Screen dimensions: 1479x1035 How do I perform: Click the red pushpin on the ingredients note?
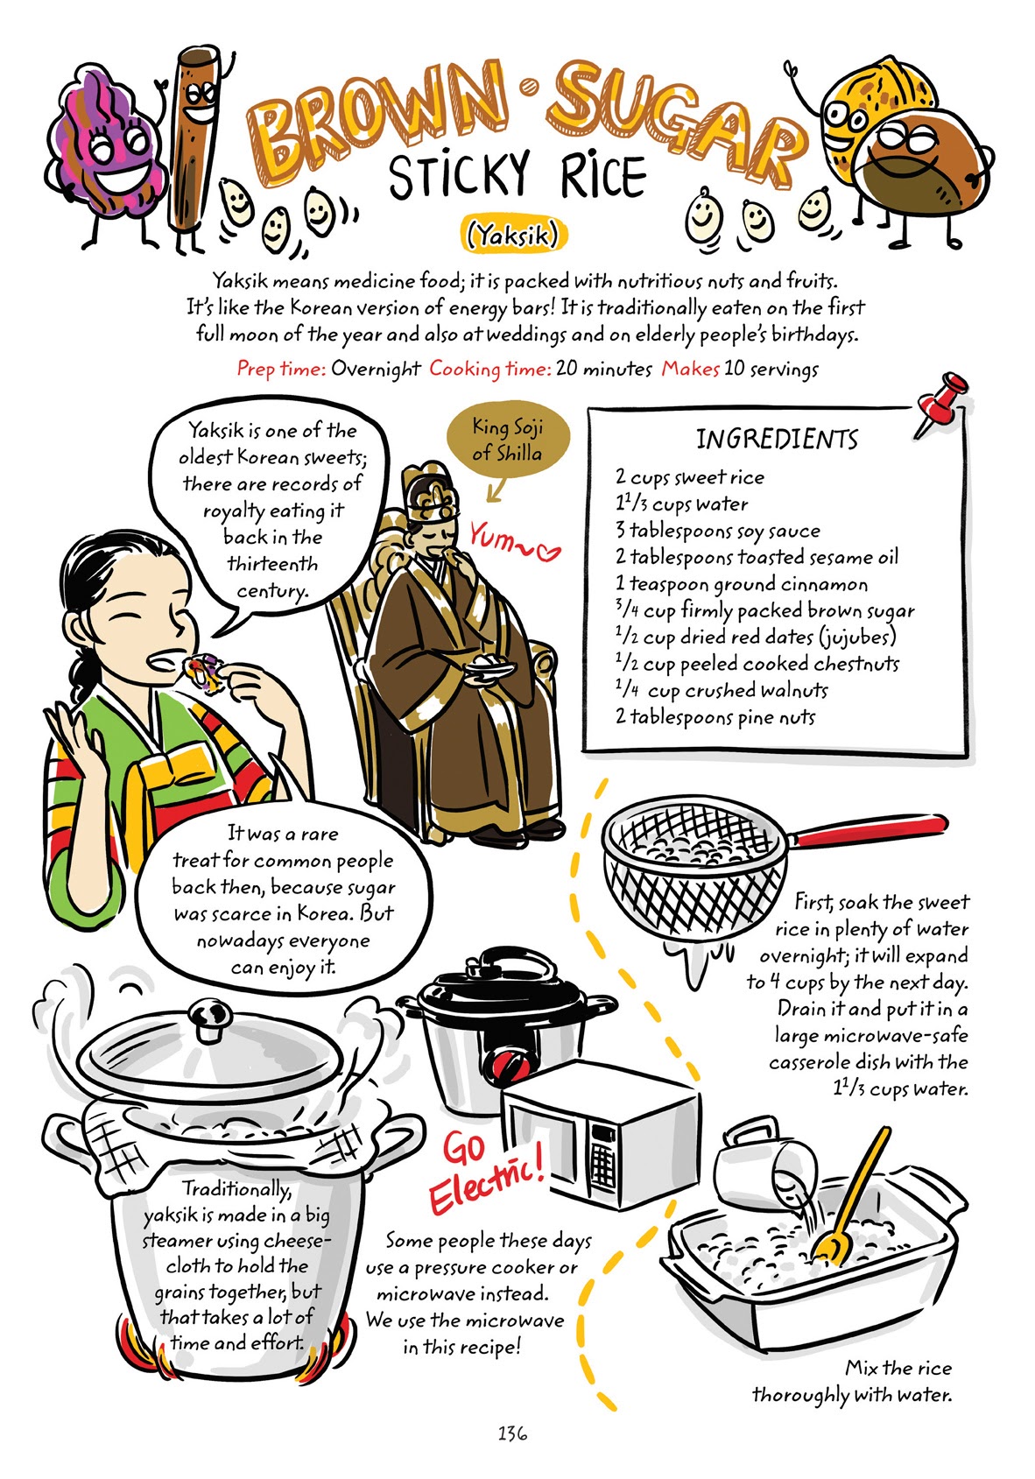point(941,399)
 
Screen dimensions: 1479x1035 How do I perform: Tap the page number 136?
point(512,1433)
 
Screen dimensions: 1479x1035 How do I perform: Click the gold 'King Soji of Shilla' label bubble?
point(507,440)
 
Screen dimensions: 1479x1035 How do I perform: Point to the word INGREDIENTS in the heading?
point(777,439)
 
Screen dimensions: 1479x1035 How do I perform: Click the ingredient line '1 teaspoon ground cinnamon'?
point(741,584)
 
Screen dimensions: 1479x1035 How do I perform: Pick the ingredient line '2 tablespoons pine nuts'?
point(715,717)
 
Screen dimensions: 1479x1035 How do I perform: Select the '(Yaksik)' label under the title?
point(513,235)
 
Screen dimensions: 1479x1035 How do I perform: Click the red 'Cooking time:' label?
point(489,369)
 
